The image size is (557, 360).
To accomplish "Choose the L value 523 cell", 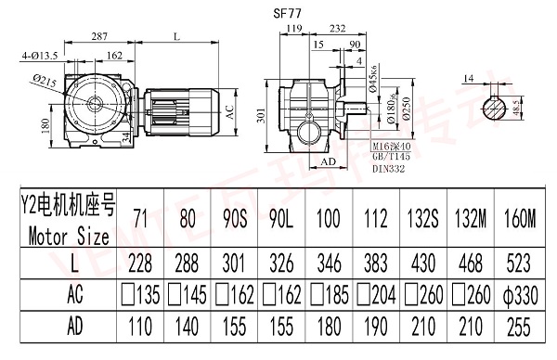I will tap(523, 266).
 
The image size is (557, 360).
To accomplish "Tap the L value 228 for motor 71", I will tap(140, 266).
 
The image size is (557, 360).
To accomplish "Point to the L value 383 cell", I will tap(377, 266).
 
